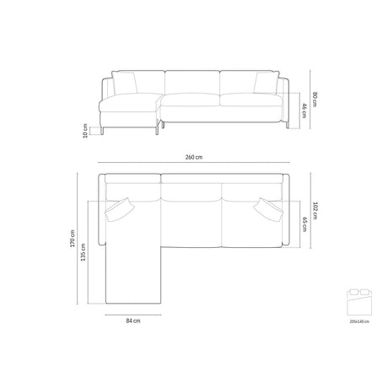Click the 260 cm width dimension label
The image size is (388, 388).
point(193,156)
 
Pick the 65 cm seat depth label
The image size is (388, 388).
point(304,224)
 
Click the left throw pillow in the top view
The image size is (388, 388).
point(121,207)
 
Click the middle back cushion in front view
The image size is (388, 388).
point(193,83)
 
